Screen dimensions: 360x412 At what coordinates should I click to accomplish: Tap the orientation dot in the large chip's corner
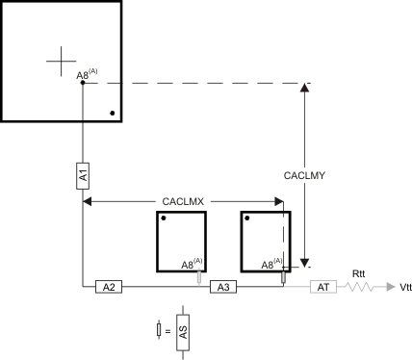tap(113, 114)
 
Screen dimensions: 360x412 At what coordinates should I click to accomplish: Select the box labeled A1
tap(83, 176)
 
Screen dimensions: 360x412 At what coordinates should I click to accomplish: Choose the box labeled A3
tap(222, 287)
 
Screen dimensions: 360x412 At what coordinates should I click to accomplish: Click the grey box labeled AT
tap(322, 287)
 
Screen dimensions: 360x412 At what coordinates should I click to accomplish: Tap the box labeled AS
tap(180, 331)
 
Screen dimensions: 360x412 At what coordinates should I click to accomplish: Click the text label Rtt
tap(357, 272)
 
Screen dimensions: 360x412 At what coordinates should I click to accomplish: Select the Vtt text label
tap(404, 287)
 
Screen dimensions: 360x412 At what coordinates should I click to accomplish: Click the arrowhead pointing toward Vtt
tap(387, 287)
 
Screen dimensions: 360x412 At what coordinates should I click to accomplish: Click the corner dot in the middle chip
tap(165, 219)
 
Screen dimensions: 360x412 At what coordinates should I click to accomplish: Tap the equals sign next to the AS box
tap(168, 331)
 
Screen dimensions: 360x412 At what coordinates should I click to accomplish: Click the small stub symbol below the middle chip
tap(199, 278)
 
